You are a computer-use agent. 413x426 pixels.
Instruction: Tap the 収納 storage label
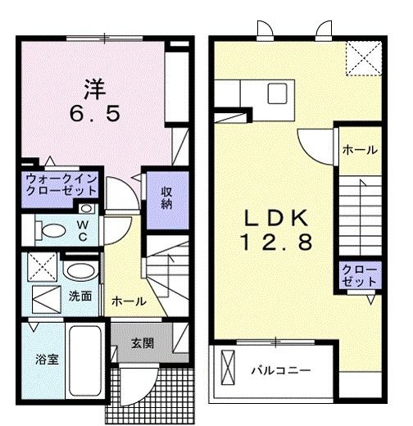166,196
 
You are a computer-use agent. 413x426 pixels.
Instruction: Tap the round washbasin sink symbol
79,270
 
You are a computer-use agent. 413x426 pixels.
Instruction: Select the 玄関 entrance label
140,342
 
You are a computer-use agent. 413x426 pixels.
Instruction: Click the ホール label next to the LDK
359,150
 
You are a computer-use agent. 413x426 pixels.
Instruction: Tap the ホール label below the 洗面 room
129,301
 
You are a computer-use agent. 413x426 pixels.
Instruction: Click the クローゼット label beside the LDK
359,274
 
